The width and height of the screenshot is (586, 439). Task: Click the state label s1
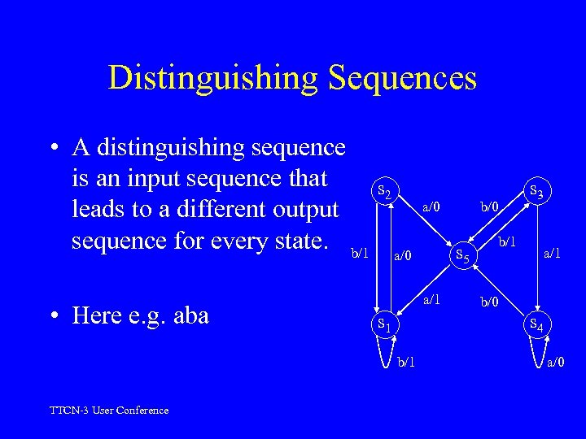tap(386, 325)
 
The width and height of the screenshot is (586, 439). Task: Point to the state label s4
tap(538, 325)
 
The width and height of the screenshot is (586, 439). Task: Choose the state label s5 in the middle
tap(461, 256)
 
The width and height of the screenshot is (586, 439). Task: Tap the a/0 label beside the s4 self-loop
tap(558, 362)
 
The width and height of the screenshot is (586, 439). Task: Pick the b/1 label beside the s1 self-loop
tap(407, 362)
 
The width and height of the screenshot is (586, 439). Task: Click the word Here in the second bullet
tap(98, 315)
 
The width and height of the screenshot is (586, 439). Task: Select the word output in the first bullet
tap(299, 209)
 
